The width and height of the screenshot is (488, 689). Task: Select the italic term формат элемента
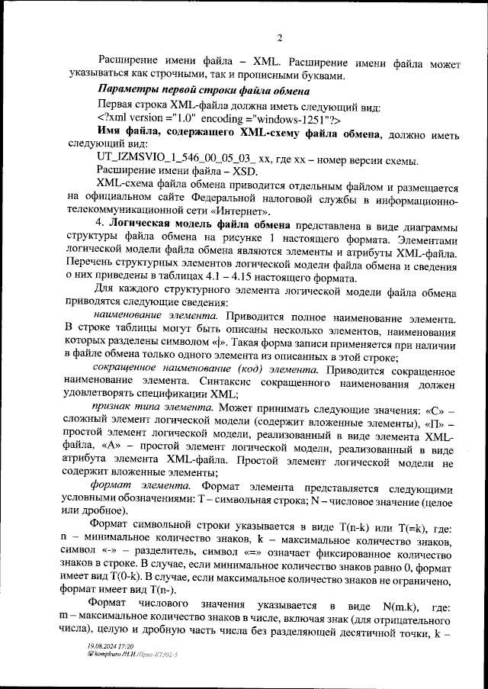tap(141, 486)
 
